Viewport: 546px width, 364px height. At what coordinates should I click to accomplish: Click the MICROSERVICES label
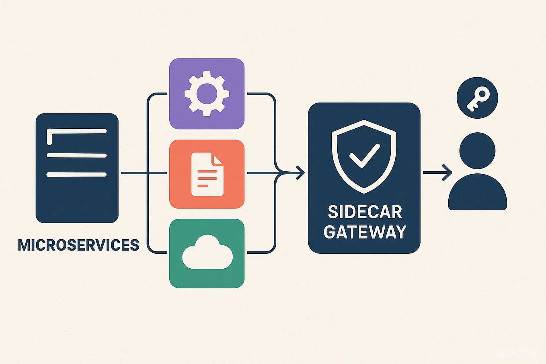[78, 245]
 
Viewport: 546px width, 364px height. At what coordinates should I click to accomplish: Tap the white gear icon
[207, 94]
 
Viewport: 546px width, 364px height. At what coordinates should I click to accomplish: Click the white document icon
[207, 174]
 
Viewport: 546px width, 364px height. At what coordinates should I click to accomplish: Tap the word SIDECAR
[365, 212]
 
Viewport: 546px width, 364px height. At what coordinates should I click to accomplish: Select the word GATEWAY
[365, 232]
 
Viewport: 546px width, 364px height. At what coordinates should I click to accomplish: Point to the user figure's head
[477, 151]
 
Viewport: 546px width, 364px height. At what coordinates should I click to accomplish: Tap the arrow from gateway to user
[438, 173]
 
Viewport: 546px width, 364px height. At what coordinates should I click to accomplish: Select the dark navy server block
[77, 201]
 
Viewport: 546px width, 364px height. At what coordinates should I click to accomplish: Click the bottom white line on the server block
[76, 175]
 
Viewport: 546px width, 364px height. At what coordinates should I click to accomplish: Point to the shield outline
[334, 153]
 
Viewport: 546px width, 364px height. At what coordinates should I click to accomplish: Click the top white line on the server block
[76, 131]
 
